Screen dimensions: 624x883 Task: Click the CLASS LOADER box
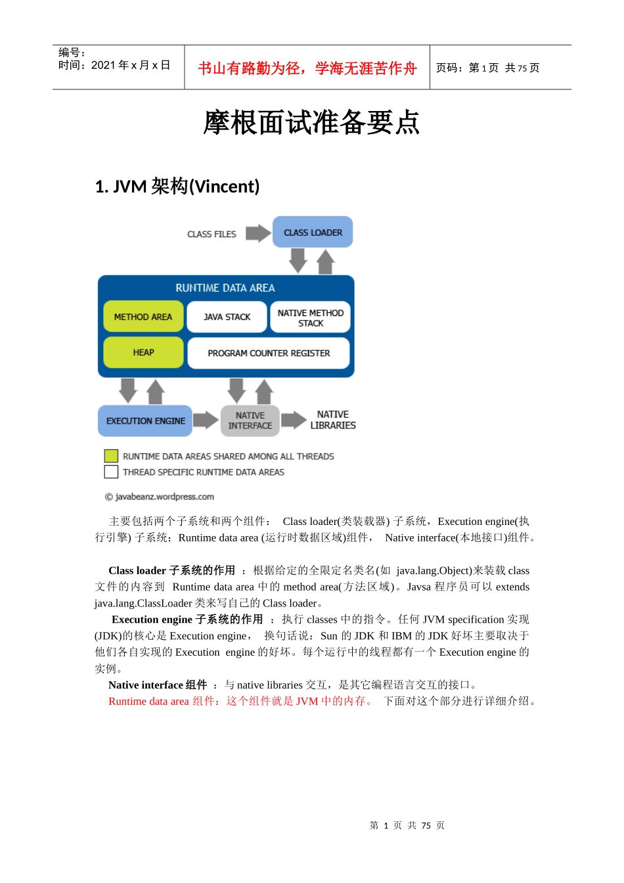[313, 232]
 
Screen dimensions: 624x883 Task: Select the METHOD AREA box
[143, 317]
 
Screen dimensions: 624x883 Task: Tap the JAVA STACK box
[227, 317]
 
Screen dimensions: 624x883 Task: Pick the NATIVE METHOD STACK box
[310, 317]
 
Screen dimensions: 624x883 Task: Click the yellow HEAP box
[143, 352]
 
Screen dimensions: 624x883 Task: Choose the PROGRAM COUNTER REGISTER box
[269, 353]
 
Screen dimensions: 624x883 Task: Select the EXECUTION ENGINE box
[145, 420]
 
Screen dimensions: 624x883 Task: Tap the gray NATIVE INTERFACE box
[250, 420]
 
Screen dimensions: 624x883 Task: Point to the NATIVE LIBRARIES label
[332, 420]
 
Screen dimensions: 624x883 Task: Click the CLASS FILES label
[212, 234]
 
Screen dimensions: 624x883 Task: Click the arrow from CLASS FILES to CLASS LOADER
[258, 233]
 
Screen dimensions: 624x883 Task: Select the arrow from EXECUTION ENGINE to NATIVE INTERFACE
[206, 420]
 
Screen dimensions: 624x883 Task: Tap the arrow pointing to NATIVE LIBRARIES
[294, 420]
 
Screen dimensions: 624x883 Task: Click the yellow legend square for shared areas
[111, 456]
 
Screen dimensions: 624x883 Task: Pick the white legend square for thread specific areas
[111, 472]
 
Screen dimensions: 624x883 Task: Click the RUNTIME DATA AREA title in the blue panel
[225, 288]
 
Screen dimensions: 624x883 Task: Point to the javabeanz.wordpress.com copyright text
[160, 497]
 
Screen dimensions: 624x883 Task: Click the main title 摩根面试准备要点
[311, 122]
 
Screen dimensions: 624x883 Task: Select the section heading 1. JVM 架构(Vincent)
[177, 187]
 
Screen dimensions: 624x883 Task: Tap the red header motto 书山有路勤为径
[307, 68]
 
